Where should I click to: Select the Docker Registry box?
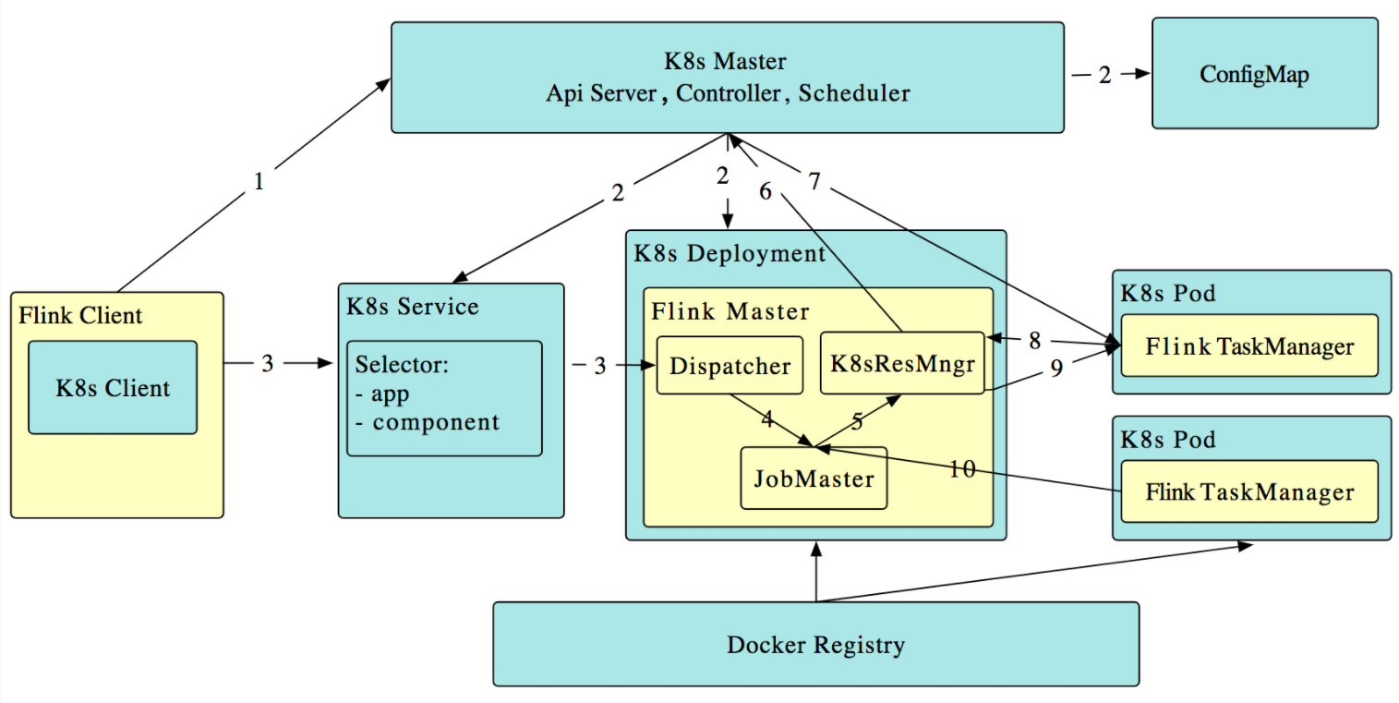815,644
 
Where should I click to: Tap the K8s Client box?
113,387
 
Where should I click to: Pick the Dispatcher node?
730,366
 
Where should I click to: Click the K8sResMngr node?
902,362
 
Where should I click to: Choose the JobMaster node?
814,479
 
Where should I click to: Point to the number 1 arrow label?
259,182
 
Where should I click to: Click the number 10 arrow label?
961,469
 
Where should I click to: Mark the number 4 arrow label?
766,419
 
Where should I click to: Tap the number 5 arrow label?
857,422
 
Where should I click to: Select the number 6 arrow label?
765,190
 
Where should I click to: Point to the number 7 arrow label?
814,182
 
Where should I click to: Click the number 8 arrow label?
1034,340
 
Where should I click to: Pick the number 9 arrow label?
1056,367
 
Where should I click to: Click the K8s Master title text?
726,62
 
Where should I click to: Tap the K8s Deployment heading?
730,253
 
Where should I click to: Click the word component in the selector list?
436,422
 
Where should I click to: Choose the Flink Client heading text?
80,315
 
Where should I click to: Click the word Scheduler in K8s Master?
854,92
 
